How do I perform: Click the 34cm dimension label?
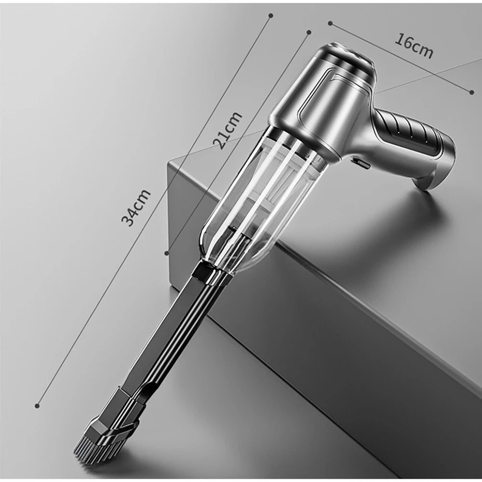point(136,207)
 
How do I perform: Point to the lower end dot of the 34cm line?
point(37,406)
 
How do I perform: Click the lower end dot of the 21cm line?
point(167,252)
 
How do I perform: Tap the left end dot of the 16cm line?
point(330,22)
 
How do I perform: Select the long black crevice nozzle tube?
point(164,337)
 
